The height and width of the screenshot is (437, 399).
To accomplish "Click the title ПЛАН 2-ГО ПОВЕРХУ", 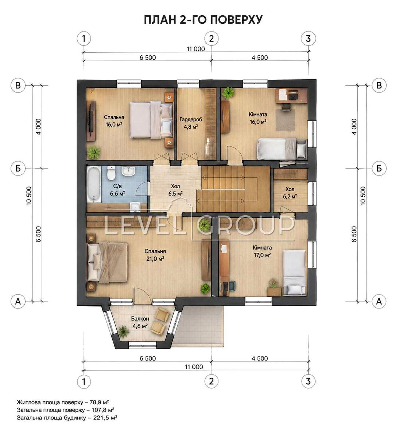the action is click(x=203, y=20).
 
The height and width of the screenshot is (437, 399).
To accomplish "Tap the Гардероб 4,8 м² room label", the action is click(x=191, y=123).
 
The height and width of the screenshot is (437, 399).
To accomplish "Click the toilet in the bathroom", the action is click(x=111, y=173).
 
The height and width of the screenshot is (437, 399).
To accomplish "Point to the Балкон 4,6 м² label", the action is click(x=140, y=322).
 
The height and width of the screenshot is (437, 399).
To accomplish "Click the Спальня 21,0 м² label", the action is click(x=155, y=255).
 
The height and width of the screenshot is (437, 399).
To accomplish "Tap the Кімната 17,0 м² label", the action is click(x=262, y=251).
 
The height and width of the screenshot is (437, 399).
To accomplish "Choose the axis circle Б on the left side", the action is click(x=18, y=168).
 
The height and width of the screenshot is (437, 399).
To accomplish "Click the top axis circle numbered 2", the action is click(x=211, y=39).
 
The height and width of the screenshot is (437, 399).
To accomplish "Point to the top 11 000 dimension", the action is click(x=196, y=49).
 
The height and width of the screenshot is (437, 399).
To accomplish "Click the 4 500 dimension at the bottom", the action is click(x=260, y=358).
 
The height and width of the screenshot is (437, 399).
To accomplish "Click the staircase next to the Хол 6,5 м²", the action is click(x=233, y=189).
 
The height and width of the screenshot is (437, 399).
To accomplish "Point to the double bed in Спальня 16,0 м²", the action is click(x=151, y=119).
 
